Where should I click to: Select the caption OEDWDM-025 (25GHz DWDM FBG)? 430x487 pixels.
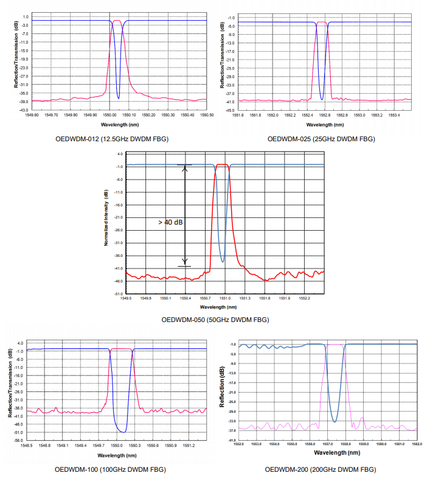(x=321, y=139)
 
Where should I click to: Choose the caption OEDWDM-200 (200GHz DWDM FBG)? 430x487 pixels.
(x=321, y=469)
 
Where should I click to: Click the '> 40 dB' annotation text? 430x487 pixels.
(x=171, y=223)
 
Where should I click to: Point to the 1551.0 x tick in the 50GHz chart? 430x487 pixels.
(x=225, y=298)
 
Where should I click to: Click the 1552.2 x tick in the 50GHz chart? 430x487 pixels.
(x=304, y=298)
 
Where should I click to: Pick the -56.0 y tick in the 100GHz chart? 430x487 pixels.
(x=19, y=440)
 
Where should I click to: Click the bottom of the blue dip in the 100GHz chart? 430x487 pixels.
(x=123, y=432)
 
